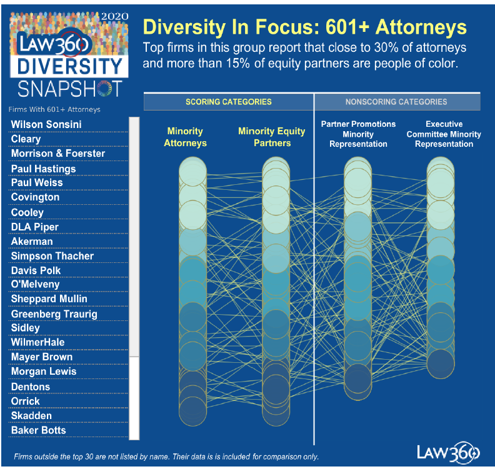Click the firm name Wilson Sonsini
pyautogui.click(x=46, y=125)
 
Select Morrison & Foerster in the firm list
pyautogui.click(x=58, y=154)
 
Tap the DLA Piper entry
pyautogui.click(x=36, y=227)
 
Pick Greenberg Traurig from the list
pyautogui.click(x=54, y=314)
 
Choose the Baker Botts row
pyautogui.click(x=38, y=430)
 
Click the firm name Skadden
pyautogui.click(x=31, y=416)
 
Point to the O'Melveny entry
pyautogui.click(x=35, y=285)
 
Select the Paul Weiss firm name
pyautogui.click(x=37, y=183)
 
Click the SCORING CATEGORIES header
pyautogui.click(x=228, y=102)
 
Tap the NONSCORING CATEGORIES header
pyautogui.click(x=396, y=102)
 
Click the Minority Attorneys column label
pyautogui.click(x=185, y=137)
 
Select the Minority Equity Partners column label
pyautogui.click(x=272, y=137)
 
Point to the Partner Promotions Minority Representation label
pyautogui.click(x=358, y=134)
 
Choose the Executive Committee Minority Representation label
pyautogui.click(x=444, y=134)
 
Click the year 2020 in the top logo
pyautogui.click(x=114, y=16)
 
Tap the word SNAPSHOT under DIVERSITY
pyautogui.click(x=69, y=89)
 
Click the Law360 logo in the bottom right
pyautogui.click(x=449, y=452)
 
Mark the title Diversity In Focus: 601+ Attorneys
pyautogui.click(x=305, y=27)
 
